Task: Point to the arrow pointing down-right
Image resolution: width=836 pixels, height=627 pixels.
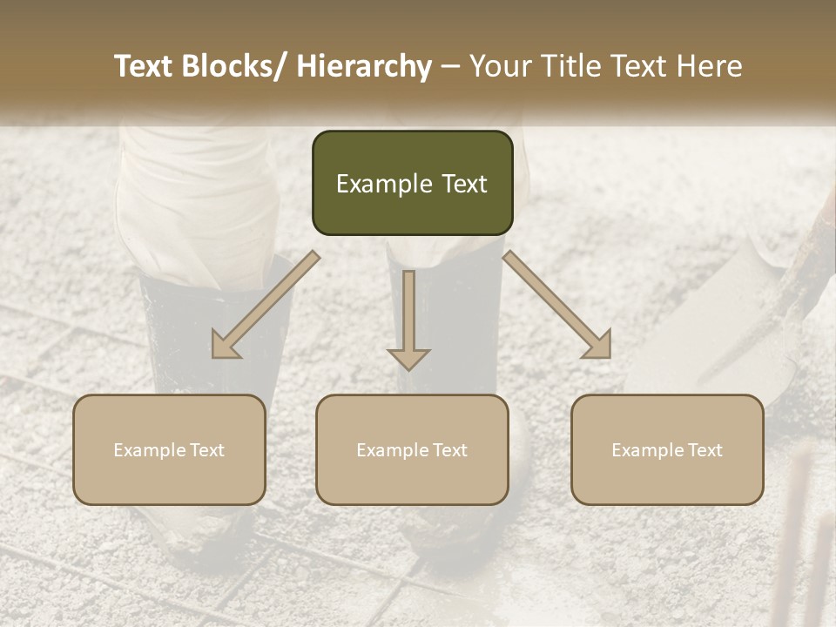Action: pos(558,306)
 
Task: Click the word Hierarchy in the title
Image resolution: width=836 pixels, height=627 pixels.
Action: pos(365,66)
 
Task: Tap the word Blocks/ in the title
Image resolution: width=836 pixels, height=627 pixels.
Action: pos(235,66)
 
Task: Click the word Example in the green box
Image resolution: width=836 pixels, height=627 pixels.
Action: pos(384,185)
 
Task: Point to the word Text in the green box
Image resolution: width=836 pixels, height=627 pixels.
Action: pos(463,185)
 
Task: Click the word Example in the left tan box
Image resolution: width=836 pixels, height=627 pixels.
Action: pos(150,450)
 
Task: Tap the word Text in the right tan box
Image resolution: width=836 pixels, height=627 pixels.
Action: pos(705,450)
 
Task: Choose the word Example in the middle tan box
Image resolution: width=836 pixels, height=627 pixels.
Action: pos(393,450)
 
